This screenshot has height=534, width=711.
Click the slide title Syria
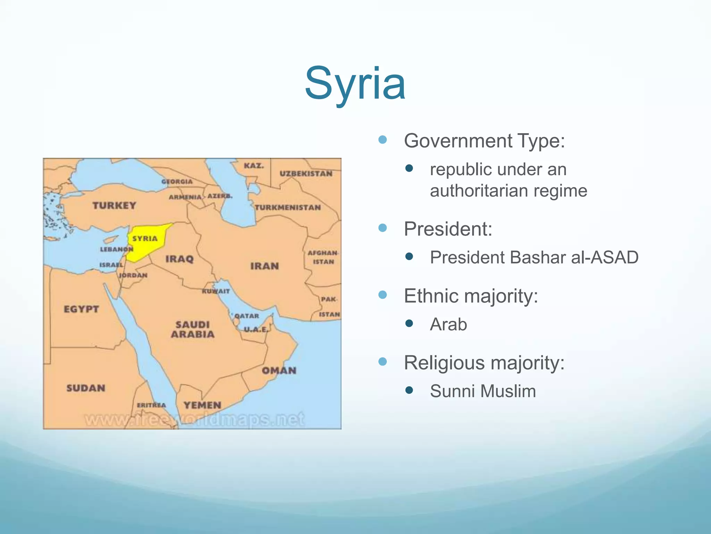pos(355,84)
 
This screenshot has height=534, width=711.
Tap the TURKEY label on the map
pos(114,205)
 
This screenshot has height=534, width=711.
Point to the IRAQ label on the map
pos(179,259)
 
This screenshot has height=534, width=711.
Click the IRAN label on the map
pos(265,266)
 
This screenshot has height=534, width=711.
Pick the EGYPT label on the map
pos(81,309)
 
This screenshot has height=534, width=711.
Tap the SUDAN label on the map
pos(86,388)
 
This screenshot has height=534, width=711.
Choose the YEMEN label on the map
pos(202,405)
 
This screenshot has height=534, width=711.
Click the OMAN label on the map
pos(279,371)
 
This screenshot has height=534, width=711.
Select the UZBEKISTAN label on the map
pos(306,173)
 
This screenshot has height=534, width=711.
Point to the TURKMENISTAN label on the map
pos(288,208)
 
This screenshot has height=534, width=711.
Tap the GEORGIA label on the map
pos(177,181)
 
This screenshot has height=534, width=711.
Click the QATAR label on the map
pos(247,316)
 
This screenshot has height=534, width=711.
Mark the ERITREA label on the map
pos(151,405)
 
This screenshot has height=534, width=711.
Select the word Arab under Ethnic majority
pos(448,324)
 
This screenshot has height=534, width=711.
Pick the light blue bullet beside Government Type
pos(383,140)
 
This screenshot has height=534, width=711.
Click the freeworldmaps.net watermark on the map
pos(194,419)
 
